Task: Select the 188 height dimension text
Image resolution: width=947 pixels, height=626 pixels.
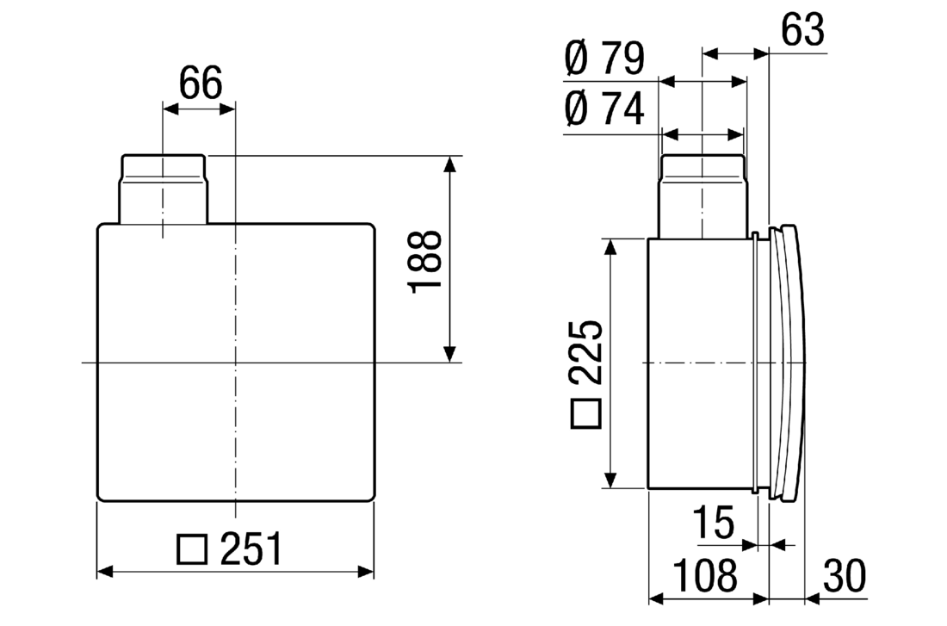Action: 426,262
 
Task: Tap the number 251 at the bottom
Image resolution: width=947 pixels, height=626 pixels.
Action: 251,549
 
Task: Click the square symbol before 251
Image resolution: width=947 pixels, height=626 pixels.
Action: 192,549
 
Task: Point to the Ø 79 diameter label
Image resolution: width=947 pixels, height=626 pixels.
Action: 604,59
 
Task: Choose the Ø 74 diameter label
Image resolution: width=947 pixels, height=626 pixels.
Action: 604,108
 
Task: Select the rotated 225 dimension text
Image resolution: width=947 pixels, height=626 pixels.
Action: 585,352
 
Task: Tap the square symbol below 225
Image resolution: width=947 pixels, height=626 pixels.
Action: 585,414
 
